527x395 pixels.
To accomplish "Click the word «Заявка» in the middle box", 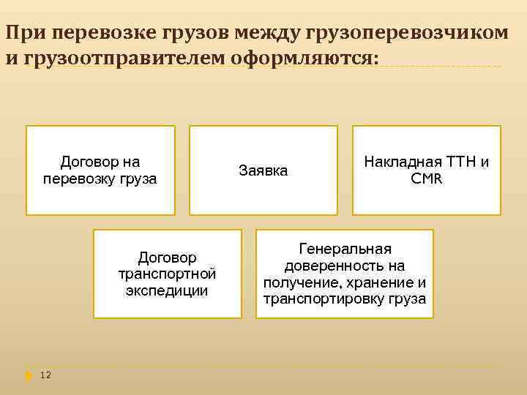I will tap(263, 170).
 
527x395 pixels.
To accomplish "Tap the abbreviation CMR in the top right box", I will tap(427, 178).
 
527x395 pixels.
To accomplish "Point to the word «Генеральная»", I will tap(345, 249).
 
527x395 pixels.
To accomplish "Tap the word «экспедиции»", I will tap(167, 290).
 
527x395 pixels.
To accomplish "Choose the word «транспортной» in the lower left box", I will tap(167, 274).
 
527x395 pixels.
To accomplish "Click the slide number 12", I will tap(45, 375).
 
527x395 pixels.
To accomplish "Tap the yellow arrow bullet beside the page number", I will tap(29, 375).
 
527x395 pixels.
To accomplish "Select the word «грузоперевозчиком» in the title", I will tap(406, 33).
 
